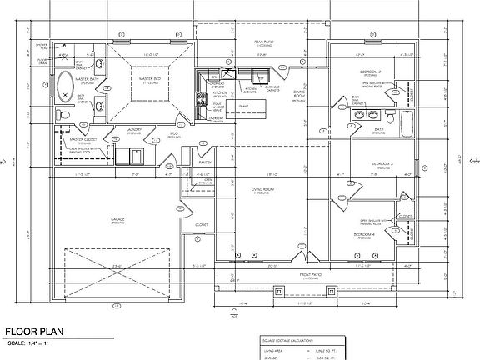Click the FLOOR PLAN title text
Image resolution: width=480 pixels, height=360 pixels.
click(32, 331)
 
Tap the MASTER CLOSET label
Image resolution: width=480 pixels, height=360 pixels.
click(83, 139)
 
